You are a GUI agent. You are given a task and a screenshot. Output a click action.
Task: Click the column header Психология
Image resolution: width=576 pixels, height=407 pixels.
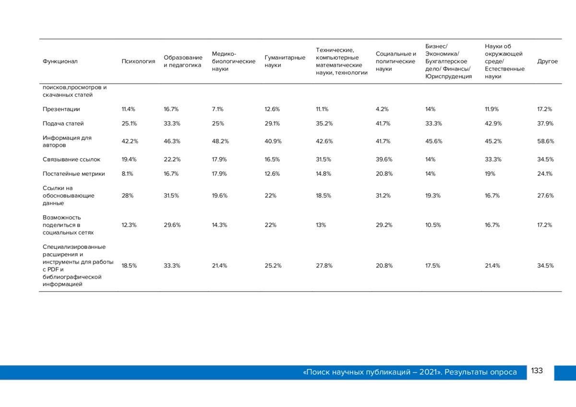138,61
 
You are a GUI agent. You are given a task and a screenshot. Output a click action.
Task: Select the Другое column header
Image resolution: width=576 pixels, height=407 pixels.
548,61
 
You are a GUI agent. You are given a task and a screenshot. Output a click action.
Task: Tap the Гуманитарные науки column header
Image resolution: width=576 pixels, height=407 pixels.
285,61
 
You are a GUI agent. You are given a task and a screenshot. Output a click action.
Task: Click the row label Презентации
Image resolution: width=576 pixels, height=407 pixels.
61,109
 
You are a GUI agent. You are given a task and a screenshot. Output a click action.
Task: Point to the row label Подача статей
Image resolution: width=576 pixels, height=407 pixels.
63,124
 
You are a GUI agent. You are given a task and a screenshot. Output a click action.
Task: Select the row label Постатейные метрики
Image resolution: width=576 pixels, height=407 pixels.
74,174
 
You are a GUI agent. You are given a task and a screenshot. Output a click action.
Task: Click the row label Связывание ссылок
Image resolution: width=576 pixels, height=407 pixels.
72,160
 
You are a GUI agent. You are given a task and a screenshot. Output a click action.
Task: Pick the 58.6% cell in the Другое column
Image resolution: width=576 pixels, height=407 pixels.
545,141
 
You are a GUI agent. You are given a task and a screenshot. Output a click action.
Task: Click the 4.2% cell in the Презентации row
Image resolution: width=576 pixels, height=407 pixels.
382,109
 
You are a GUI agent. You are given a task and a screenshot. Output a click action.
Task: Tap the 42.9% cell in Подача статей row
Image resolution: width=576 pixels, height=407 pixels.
493,124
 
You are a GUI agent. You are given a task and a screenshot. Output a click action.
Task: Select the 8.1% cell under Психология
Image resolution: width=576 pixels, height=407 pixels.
127,174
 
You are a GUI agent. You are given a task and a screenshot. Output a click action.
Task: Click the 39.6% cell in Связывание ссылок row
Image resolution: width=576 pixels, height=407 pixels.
384,160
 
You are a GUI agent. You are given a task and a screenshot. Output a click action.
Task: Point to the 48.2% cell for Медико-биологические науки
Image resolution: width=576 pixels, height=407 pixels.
220,141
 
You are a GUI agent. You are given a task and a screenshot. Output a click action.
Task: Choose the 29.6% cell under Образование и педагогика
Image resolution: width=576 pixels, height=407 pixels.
172,225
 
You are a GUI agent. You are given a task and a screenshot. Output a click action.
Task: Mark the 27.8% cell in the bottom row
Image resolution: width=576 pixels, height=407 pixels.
324,266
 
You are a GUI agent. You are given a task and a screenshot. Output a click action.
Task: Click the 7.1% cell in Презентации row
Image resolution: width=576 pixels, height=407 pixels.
217,109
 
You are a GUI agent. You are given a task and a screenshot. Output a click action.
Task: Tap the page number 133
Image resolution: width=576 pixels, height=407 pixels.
537,371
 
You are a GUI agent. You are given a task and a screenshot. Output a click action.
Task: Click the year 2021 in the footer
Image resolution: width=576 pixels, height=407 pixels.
428,372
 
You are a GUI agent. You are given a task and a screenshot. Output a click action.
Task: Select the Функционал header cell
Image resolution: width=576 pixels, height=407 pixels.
60,61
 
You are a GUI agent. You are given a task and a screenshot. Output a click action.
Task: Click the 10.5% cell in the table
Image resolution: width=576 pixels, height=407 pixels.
433,225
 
